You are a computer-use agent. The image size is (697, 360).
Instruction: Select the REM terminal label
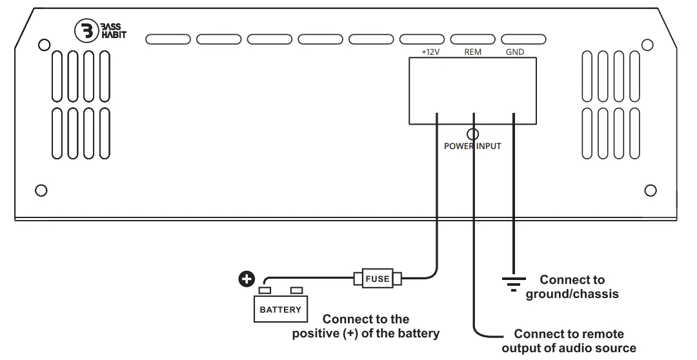click(473, 51)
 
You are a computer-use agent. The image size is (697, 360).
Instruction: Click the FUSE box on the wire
click(378, 279)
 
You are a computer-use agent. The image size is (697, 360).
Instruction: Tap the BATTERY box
click(280, 310)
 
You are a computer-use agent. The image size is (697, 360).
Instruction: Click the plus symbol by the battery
click(245, 279)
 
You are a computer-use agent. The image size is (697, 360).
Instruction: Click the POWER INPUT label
click(472, 146)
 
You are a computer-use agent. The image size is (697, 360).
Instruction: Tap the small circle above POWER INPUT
click(472, 134)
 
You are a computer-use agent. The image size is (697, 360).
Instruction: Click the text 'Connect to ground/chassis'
click(572, 287)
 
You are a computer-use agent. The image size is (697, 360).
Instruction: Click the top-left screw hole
click(44, 45)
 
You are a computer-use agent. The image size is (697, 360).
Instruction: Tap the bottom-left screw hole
click(40, 190)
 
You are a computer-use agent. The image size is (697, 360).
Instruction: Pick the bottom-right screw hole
click(651, 190)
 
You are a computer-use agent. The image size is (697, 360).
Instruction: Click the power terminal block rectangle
click(472, 90)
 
